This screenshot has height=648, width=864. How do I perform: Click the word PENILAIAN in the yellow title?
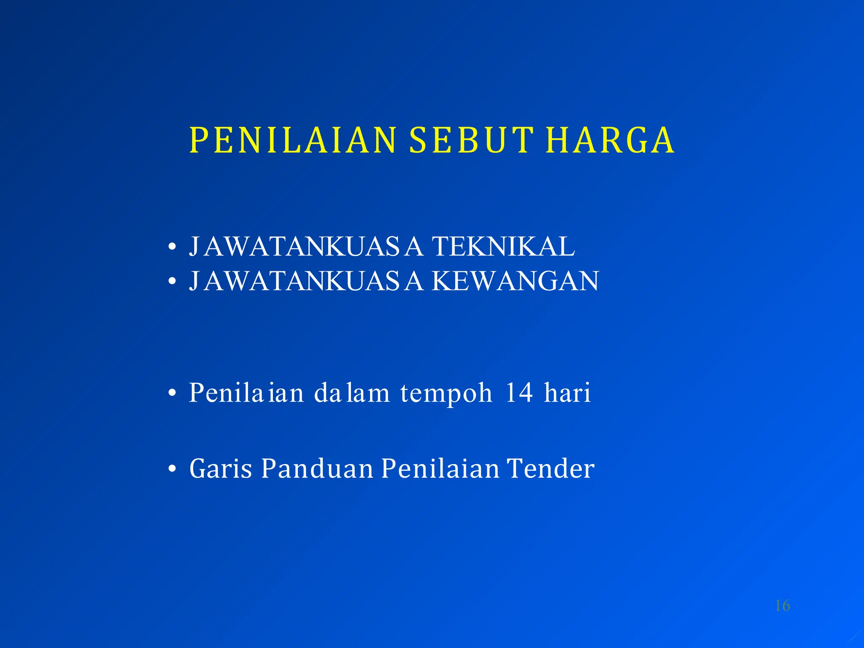[293, 140]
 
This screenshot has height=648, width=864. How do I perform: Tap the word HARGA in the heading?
[610, 140]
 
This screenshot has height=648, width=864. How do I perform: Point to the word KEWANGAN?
[515, 281]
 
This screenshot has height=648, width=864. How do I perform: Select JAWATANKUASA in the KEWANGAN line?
[306, 281]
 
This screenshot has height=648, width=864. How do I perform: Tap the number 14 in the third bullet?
[519, 393]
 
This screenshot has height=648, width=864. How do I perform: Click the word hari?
[567, 393]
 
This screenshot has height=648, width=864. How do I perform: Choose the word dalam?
[352, 393]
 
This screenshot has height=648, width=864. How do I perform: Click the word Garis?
[221, 469]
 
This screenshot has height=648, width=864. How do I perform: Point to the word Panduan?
[317, 469]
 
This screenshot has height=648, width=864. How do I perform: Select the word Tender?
[551, 469]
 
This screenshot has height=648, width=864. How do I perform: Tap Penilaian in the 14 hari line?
[246, 393]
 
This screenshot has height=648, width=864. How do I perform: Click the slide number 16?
[782, 606]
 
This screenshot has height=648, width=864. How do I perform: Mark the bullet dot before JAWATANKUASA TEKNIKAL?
[171, 247]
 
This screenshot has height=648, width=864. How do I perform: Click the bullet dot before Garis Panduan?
[171, 469]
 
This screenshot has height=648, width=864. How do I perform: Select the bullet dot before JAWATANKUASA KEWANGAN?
[171, 281]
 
